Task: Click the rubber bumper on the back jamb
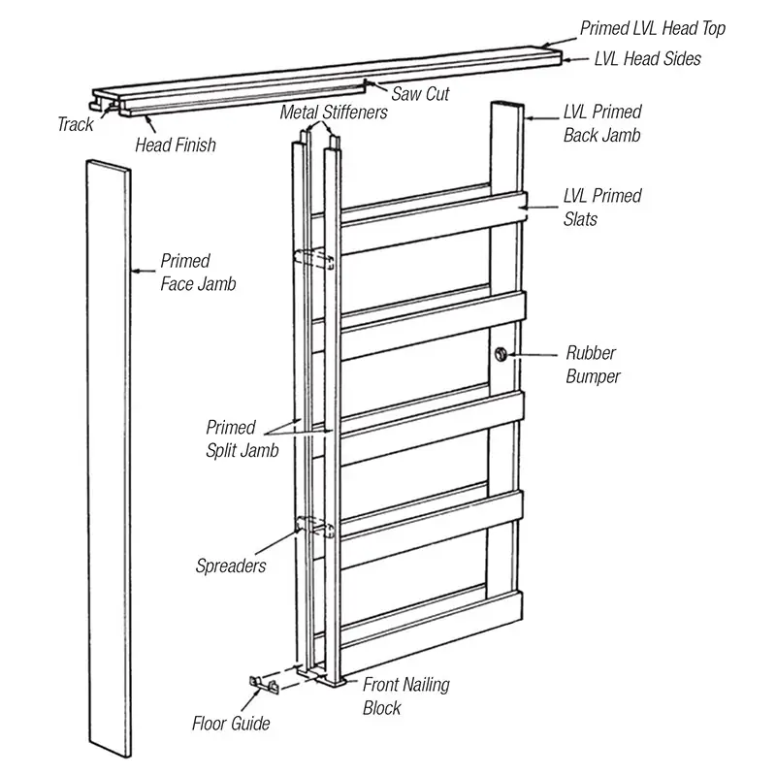tap(501, 354)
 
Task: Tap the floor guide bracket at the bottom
tap(264, 684)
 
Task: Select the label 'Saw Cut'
tap(420, 93)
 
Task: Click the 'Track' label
tap(76, 124)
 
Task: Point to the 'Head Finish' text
tap(176, 145)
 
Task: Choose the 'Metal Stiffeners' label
tap(334, 113)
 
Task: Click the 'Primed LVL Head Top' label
tap(652, 29)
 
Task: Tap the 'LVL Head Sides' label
tap(647, 58)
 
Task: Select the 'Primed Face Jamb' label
tap(198, 273)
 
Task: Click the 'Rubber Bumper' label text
tap(593, 365)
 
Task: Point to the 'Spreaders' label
tap(231, 566)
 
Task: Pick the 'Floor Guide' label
tap(231, 724)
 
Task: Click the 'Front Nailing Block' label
tap(405, 696)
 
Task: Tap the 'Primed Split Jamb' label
tap(242, 439)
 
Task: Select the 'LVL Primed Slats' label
tap(602, 208)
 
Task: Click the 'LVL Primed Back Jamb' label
tap(602, 123)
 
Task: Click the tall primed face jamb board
tap(109, 458)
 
